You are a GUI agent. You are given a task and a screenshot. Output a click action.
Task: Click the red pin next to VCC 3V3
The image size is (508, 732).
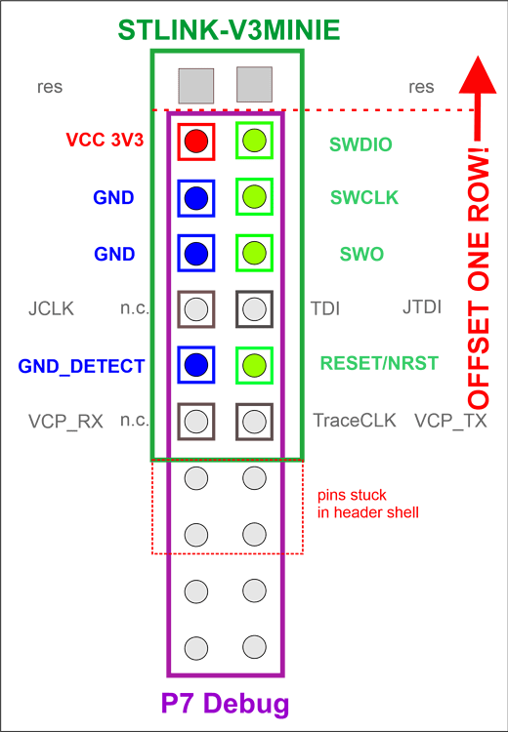(x=196, y=142)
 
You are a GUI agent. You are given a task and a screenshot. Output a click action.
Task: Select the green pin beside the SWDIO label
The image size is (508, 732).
(x=254, y=142)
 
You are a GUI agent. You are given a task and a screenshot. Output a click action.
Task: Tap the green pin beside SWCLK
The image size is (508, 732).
(x=254, y=198)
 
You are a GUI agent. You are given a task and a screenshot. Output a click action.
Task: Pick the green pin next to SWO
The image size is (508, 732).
(x=254, y=254)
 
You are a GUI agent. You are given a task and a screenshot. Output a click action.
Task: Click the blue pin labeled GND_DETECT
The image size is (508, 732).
(x=196, y=365)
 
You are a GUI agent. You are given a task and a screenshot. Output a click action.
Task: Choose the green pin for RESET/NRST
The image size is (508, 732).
(x=254, y=365)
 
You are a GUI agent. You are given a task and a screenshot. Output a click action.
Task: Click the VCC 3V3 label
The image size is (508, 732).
(x=105, y=141)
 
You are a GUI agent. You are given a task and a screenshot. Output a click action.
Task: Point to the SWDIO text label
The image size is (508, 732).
(x=360, y=145)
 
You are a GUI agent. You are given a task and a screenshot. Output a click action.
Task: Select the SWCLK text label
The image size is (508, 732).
(x=363, y=199)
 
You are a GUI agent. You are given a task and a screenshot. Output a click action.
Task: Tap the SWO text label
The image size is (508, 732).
(x=361, y=255)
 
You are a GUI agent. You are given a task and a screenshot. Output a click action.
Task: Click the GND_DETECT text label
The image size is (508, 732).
(x=81, y=367)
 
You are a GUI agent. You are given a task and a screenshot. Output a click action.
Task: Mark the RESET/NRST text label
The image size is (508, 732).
(x=378, y=364)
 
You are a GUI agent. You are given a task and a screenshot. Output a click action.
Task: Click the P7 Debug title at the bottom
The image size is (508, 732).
(x=225, y=704)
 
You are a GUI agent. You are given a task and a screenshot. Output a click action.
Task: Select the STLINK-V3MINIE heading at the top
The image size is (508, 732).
(x=229, y=30)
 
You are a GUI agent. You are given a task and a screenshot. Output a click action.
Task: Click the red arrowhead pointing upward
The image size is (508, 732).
(x=477, y=76)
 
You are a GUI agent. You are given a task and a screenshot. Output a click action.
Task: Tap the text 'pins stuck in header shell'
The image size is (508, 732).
(x=367, y=504)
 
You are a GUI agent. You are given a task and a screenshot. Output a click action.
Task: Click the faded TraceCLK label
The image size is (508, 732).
(x=354, y=422)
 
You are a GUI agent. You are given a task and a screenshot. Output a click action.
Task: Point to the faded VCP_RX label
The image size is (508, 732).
(x=65, y=422)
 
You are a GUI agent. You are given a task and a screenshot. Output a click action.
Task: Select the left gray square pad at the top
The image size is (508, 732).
(x=196, y=85)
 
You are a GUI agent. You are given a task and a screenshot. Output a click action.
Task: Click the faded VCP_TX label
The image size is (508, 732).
(x=450, y=422)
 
